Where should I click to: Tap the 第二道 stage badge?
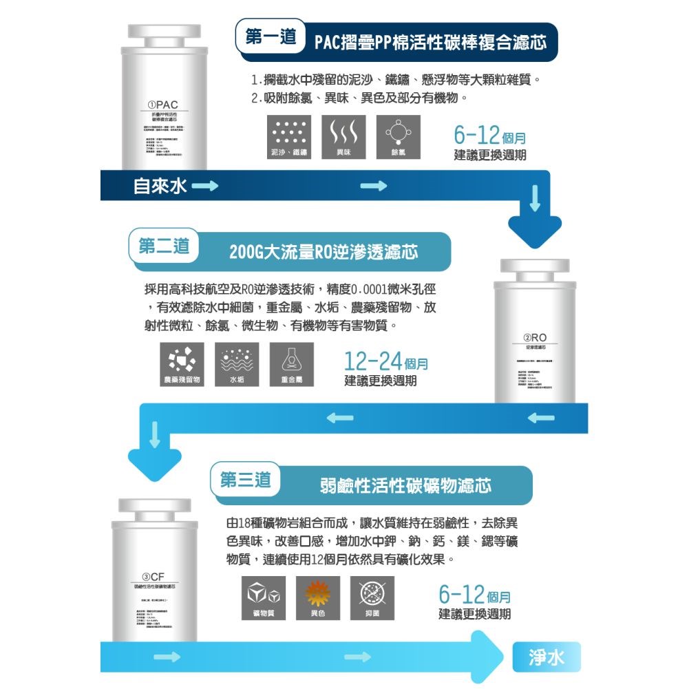click(x=164, y=246)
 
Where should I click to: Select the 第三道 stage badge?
click(x=245, y=480)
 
